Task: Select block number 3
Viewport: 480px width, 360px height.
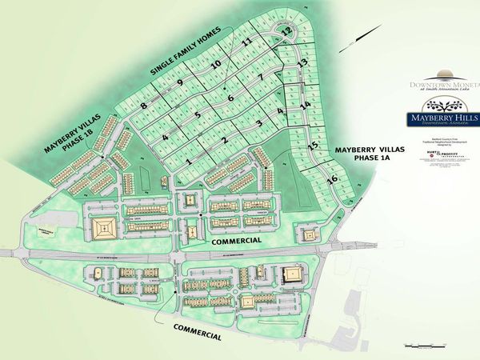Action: click(259, 122)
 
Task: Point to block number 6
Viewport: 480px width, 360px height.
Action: click(230, 98)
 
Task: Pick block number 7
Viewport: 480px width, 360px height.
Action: click(261, 78)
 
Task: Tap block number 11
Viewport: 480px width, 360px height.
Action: click(247, 42)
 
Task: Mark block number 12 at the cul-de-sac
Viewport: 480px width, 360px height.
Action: click(286, 31)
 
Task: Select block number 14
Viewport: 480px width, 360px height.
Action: click(305, 105)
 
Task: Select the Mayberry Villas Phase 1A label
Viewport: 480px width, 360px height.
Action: click(365, 154)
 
